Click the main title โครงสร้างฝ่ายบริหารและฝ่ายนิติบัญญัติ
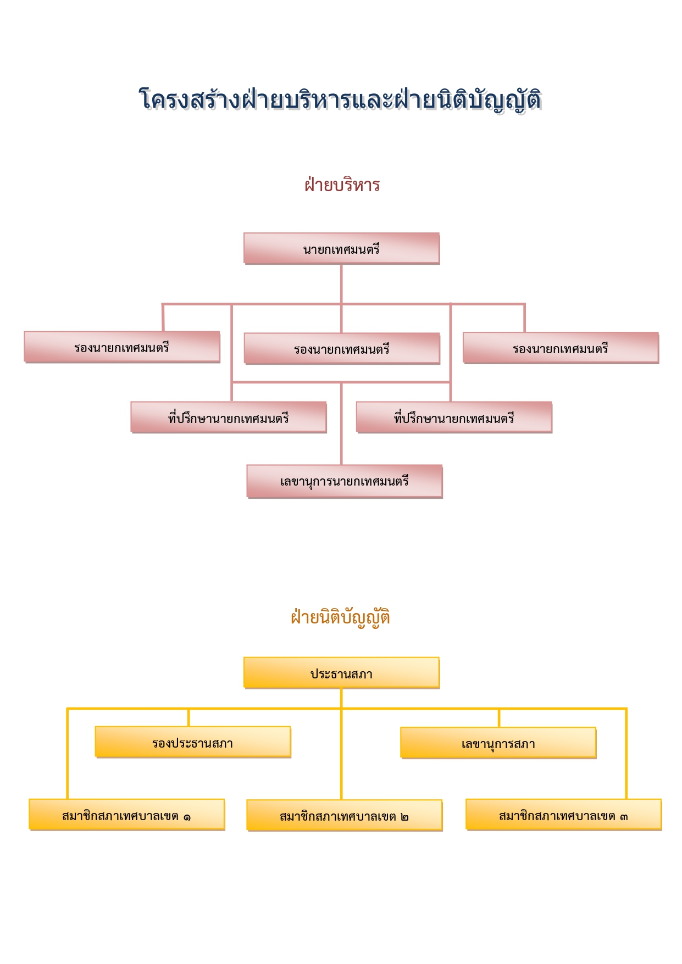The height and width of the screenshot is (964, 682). (341, 100)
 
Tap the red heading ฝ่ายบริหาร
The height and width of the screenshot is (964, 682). (342, 185)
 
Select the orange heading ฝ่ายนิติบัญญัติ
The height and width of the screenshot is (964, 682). (341, 617)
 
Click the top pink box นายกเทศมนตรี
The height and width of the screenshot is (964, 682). (341, 248)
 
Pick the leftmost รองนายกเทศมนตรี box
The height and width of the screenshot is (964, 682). (122, 347)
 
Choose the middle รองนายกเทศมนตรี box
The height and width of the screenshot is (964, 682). (342, 348)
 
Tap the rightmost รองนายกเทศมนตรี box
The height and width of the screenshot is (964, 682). (561, 348)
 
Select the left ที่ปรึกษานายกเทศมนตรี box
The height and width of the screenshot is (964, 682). (229, 417)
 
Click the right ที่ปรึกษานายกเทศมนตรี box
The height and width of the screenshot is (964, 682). (454, 417)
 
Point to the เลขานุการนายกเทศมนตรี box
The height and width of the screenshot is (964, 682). (345, 481)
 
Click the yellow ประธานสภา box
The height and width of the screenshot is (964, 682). (341, 673)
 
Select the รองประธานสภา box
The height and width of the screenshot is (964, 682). (193, 742)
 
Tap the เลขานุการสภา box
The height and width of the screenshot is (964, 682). (498, 743)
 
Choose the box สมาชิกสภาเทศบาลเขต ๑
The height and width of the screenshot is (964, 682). (127, 815)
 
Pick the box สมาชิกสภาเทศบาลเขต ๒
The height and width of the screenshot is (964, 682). (345, 815)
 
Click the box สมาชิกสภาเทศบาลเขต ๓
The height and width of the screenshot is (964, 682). (564, 815)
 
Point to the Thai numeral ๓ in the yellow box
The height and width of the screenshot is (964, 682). (624, 817)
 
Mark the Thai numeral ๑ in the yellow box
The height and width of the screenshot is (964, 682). (187, 817)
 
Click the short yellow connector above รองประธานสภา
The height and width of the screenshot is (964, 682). (188, 717)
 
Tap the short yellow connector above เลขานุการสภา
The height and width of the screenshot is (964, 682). (499, 718)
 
